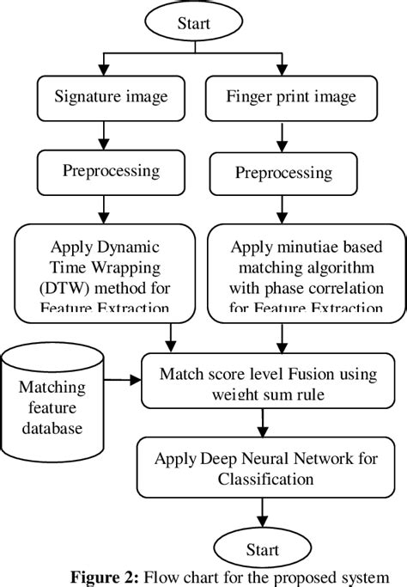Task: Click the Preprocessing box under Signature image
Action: coord(111,170)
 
